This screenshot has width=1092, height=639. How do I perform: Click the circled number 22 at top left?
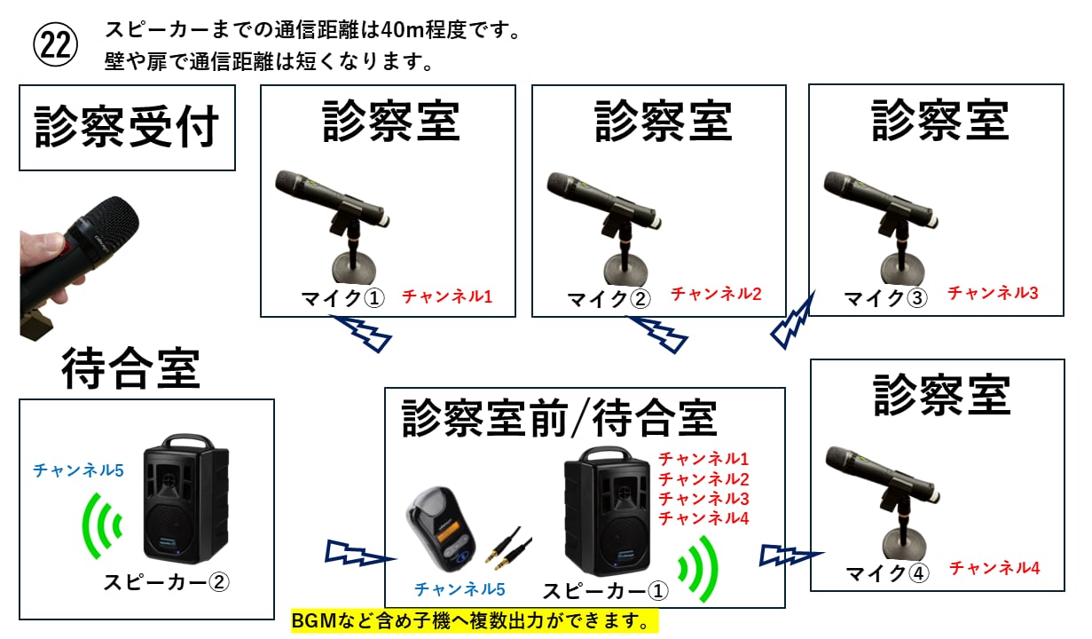point(55,44)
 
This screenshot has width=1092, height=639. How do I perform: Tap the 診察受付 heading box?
point(127,128)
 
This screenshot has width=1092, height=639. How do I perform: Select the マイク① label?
point(342,298)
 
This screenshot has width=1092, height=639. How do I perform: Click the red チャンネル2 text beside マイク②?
point(716,294)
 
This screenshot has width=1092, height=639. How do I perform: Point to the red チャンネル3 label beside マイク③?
point(993,293)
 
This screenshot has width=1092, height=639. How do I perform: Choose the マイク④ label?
point(887,573)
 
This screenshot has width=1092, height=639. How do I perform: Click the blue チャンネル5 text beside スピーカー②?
point(78,470)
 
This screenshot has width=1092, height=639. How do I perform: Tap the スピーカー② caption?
point(166,582)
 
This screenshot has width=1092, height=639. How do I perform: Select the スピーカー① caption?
point(606,591)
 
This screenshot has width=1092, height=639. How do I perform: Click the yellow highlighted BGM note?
point(475,621)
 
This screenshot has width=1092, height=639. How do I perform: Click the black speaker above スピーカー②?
point(185,499)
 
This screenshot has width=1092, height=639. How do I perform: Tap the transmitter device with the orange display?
point(440,528)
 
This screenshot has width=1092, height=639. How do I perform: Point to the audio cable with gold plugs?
point(508,548)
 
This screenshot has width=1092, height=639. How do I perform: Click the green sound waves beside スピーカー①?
point(699,569)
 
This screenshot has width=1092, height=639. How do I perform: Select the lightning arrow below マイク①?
point(361,334)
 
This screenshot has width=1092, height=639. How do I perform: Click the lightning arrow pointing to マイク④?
point(791,555)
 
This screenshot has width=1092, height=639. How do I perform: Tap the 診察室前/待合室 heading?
point(559,419)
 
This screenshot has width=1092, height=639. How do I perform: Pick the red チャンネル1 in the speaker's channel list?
point(703,459)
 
